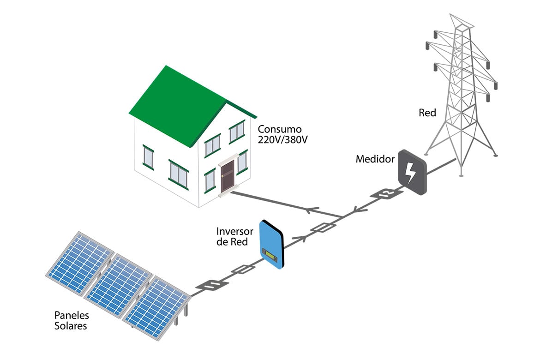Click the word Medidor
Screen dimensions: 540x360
coord(375,159)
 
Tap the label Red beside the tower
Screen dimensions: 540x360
coord(427,113)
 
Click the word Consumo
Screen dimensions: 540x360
coord(280,129)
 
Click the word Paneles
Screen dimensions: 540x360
coord(72,315)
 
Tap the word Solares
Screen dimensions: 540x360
coord(71,326)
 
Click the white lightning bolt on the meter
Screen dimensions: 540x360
coord(410,173)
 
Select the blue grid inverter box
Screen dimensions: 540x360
coord(271,244)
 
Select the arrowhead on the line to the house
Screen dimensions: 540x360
coord(312,210)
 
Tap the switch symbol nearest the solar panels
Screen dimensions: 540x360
coord(212,285)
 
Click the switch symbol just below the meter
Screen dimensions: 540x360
coord(386,193)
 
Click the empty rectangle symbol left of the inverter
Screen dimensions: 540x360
coord(244,269)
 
